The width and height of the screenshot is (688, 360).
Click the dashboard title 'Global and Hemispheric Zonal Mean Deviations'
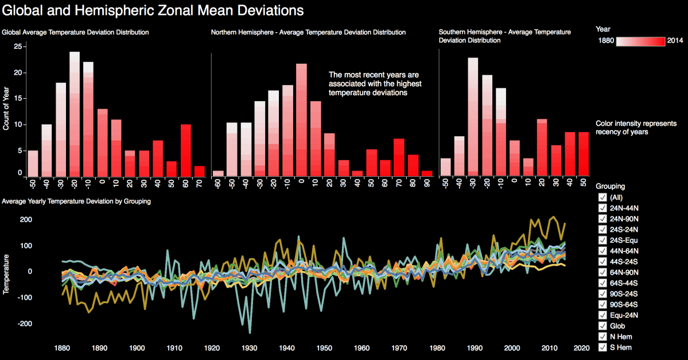click(152, 11)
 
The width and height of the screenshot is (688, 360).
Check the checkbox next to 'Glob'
click(603, 326)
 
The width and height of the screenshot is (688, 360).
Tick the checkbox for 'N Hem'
click(603, 336)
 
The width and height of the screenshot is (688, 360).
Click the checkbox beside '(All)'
click(603, 198)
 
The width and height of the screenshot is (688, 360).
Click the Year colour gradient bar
click(640, 41)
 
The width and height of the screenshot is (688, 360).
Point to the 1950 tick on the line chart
click(324, 348)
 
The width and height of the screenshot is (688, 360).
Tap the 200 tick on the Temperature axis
click(24, 220)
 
